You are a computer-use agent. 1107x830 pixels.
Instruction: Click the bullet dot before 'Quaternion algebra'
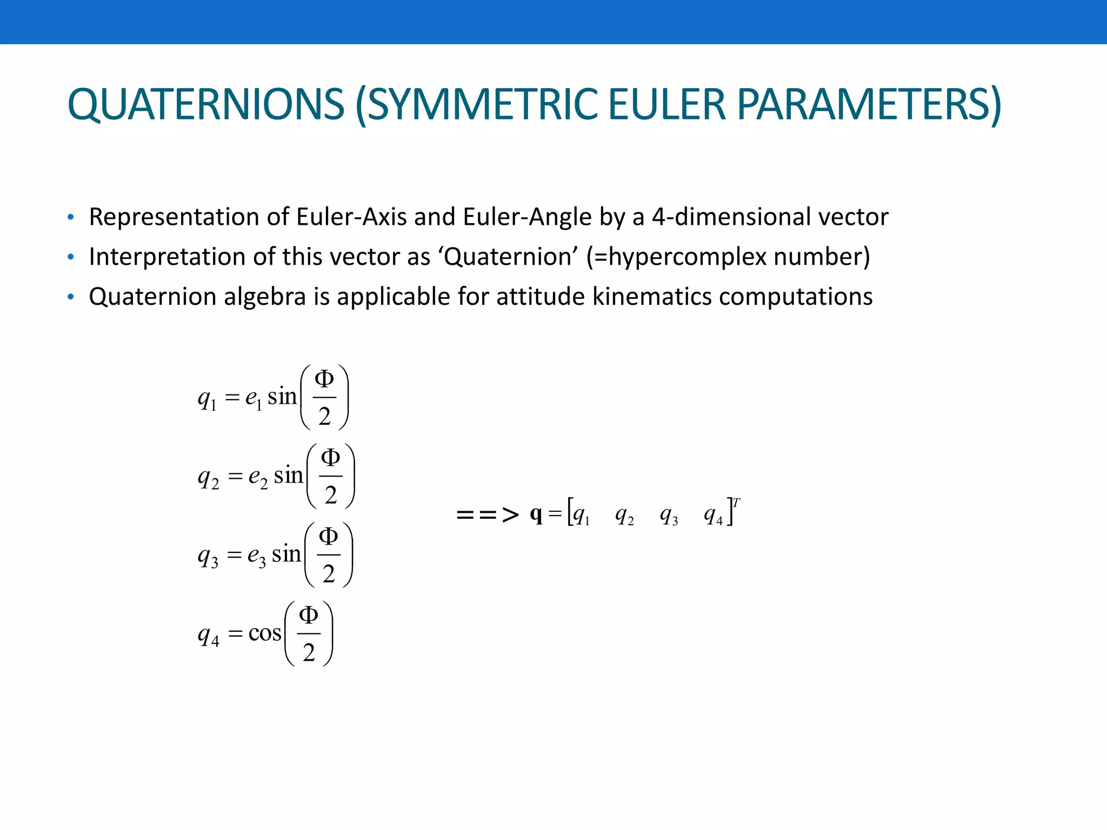(70, 297)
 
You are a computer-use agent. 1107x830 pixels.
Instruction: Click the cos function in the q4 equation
(264, 633)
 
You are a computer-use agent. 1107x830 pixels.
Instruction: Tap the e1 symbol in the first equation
(253, 398)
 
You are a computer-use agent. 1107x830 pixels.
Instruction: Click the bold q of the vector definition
(536, 514)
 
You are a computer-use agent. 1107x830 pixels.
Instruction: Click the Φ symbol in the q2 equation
(331, 458)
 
